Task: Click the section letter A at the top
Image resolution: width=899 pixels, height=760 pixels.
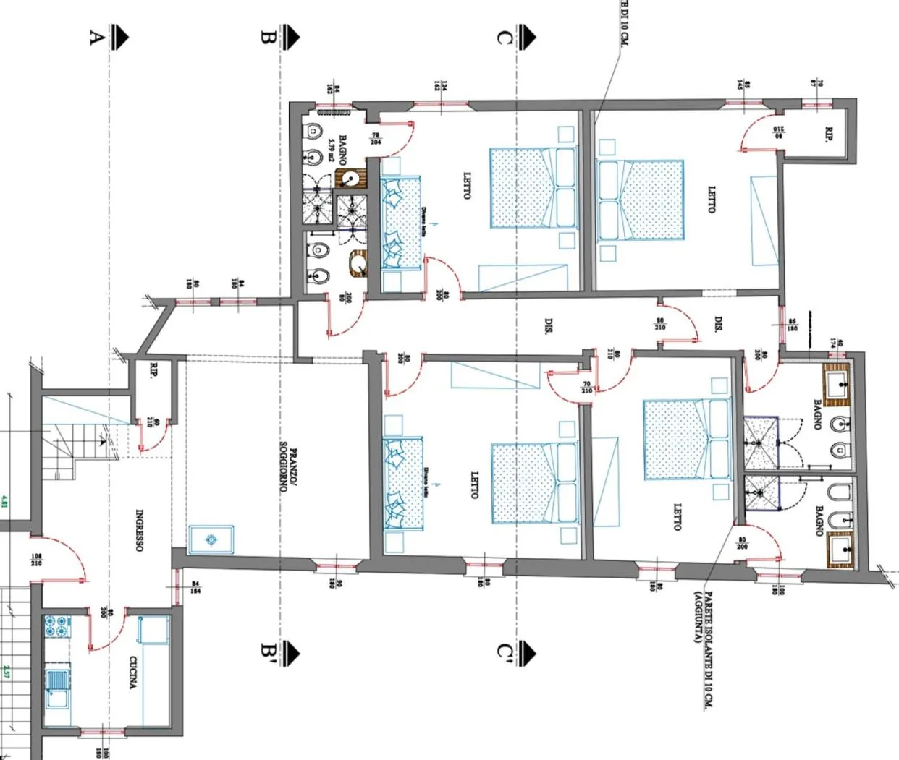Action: [93, 36]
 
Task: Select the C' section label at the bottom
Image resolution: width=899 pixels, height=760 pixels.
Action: [505, 652]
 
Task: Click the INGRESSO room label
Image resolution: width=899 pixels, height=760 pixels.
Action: [140, 530]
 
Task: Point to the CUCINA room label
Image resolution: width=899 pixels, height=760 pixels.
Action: [133, 673]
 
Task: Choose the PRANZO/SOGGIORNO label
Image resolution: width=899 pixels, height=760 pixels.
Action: [290, 470]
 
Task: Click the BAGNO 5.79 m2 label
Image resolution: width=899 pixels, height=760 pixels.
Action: [337, 150]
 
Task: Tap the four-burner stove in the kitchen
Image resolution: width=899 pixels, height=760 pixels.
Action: [55, 626]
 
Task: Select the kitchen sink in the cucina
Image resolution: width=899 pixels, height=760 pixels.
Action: [56, 683]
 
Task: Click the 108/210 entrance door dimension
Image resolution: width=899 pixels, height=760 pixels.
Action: [36, 560]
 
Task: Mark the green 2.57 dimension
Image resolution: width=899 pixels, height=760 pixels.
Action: [6, 672]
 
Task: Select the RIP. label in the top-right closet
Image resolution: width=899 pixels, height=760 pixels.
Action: [829, 135]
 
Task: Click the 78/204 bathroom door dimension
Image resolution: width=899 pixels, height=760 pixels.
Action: [376, 139]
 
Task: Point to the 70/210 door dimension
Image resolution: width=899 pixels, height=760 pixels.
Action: [586, 388]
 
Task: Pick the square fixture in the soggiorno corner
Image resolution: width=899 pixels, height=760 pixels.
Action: [211, 539]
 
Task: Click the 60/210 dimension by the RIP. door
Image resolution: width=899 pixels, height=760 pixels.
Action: [151, 421]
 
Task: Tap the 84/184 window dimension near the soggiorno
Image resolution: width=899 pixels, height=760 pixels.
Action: [195, 587]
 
